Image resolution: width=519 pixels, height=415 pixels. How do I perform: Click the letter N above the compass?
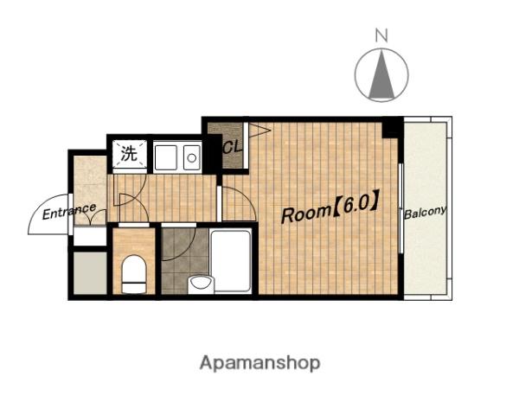click(x=381, y=35)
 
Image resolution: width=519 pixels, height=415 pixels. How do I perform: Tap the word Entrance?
click(x=69, y=212)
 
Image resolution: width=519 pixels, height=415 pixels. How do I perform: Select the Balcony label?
click(x=425, y=212)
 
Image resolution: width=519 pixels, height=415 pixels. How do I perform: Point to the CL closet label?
click(x=233, y=147)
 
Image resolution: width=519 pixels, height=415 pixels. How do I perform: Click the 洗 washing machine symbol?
click(x=129, y=153)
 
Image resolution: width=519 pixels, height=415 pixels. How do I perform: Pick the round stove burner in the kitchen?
click(x=192, y=157)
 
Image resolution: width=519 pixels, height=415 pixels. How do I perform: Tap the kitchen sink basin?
click(x=166, y=157)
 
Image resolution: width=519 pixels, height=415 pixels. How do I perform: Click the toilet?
click(x=134, y=274)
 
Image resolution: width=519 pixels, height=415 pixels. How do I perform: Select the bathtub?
click(x=231, y=261)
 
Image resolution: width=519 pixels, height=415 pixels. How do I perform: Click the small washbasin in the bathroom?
click(x=201, y=284)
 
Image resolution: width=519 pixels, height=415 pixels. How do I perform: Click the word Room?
click(x=306, y=214)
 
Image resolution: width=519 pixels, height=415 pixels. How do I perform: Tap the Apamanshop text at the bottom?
click(x=259, y=363)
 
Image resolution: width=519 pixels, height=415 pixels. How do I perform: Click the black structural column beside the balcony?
click(x=392, y=128)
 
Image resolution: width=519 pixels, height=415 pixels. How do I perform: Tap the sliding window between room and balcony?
click(x=401, y=208)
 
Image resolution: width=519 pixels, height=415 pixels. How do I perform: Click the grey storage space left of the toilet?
click(x=90, y=273)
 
